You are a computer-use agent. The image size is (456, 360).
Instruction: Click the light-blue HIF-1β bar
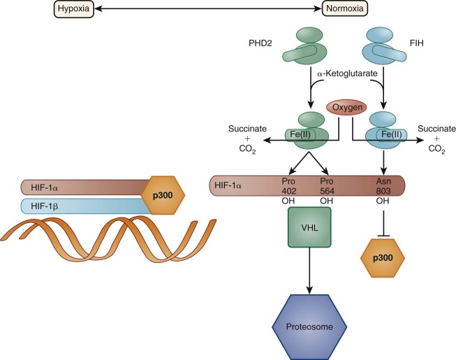[77, 207]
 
